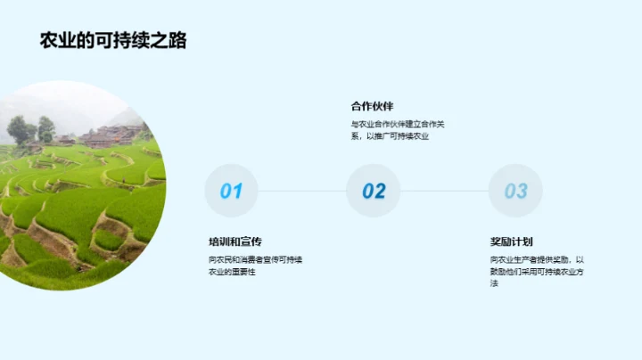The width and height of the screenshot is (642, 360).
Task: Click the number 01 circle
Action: [x=231, y=191]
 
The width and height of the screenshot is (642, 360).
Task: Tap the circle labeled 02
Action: [x=374, y=191]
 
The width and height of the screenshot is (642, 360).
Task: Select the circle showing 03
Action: [x=515, y=191]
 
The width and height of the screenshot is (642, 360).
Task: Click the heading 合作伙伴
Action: [x=373, y=106]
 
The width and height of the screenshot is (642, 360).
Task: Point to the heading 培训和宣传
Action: [x=235, y=241]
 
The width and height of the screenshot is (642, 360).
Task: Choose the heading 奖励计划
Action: [x=511, y=241]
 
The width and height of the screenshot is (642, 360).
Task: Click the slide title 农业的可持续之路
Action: [x=113, y=41]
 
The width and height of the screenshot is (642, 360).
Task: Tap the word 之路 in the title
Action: [x=169, y=41]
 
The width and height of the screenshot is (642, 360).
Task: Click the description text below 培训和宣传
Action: [x=255, y=265]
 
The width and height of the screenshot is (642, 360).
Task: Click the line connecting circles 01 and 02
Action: [x=302, y=191]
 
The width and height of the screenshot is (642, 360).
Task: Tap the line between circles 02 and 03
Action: [x=444, y=191]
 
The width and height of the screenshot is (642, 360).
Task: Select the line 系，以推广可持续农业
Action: [x=390, y=136]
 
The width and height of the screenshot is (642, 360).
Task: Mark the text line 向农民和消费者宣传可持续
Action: [x=255, y=258]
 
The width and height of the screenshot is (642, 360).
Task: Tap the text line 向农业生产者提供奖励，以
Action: [x=537, y=258]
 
